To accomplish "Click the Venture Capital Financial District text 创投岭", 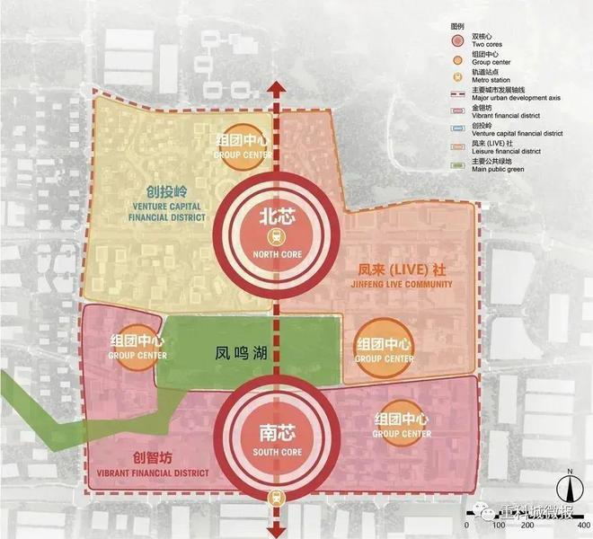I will click(168, 190).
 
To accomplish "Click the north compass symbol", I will click(569, 489).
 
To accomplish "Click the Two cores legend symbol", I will click(459, 41).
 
